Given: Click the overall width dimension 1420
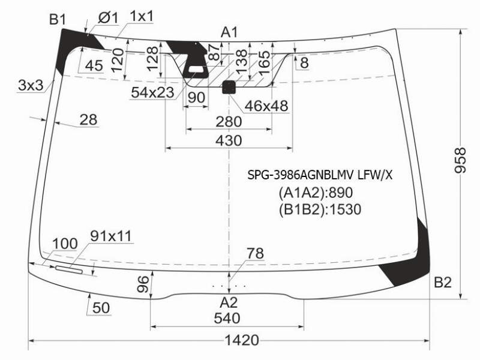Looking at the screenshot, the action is [x=242, y=340].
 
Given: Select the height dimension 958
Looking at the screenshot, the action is [x=460, y=160].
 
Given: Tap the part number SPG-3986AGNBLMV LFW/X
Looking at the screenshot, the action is [x=320, y=175].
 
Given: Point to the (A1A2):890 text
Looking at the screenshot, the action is [x=316, y=193].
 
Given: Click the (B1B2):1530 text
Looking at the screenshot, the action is [x=320, y=209].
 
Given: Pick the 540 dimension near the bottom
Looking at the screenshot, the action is [x=227, y=319].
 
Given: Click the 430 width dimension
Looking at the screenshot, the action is [x=229, y=141].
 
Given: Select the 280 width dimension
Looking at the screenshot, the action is [x=229, y=122].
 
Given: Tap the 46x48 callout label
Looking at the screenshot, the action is [x=266, y=106].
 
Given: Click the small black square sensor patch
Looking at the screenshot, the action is [x=229, y=87].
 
